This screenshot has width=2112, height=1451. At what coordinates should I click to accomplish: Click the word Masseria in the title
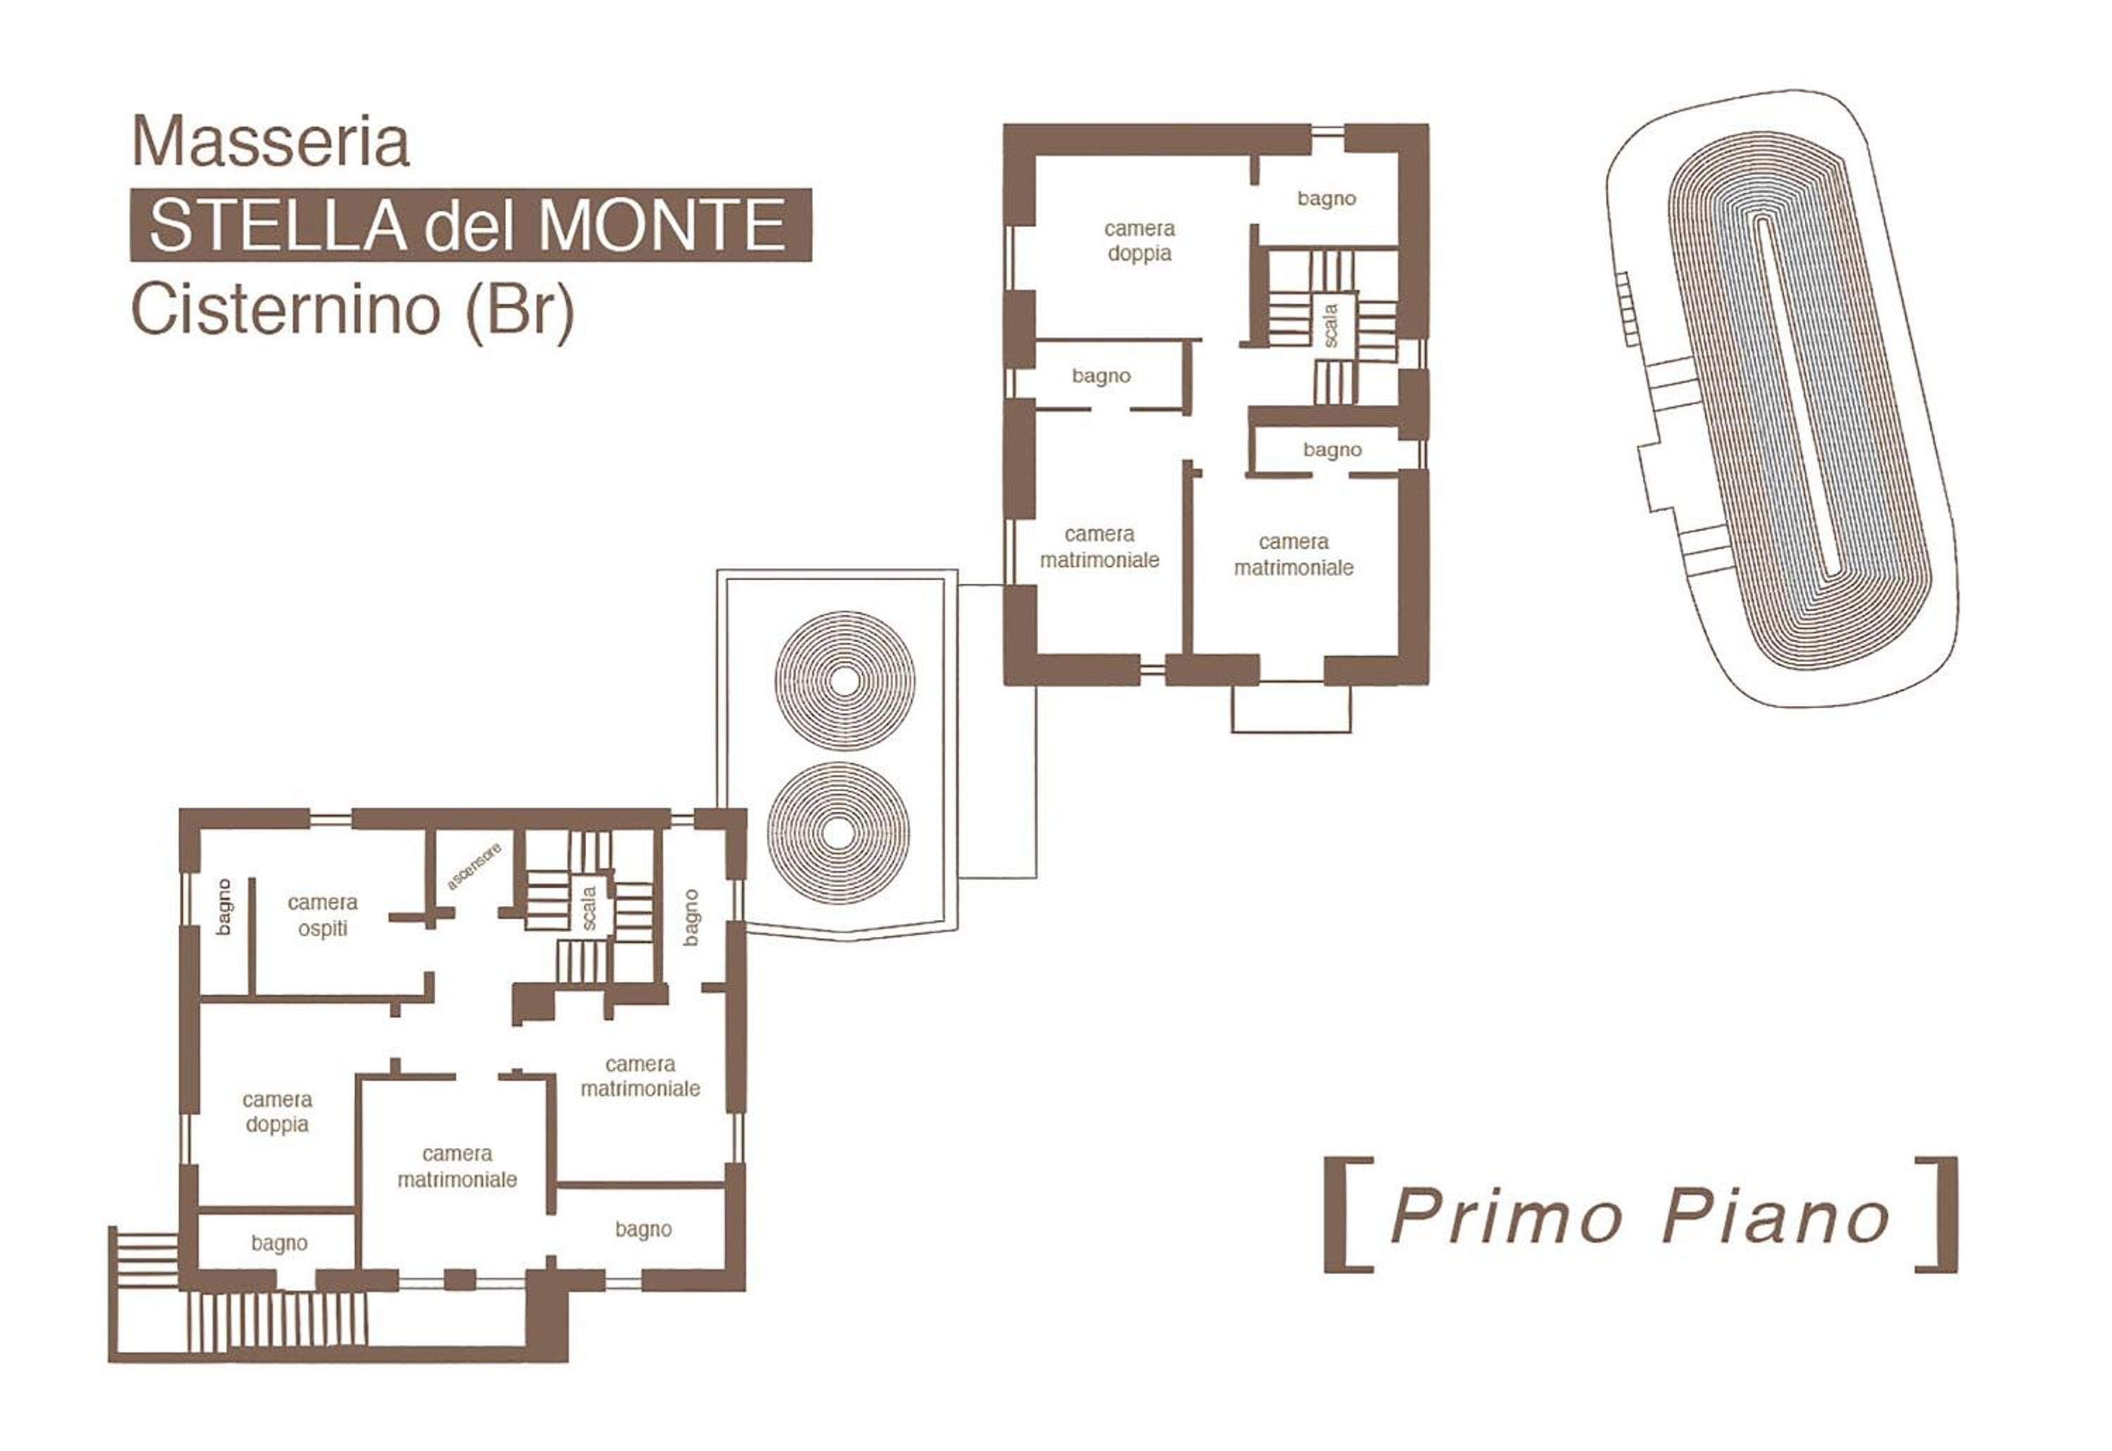(271, 142)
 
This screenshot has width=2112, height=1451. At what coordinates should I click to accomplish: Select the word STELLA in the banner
(277, 224)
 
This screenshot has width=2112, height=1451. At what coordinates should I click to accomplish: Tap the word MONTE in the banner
(662, 224)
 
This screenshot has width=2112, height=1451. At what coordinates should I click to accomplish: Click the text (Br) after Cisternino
(520, 311)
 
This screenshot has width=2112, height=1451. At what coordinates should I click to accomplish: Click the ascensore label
(474, 866)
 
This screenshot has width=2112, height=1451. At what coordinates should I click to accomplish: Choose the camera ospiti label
(323, 915)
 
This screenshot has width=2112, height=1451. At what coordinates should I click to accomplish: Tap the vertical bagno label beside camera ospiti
(224, 907)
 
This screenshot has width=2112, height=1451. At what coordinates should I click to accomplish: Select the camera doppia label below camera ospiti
(277, 1112)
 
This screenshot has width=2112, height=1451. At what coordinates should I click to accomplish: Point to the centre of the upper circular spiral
(845, 681)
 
